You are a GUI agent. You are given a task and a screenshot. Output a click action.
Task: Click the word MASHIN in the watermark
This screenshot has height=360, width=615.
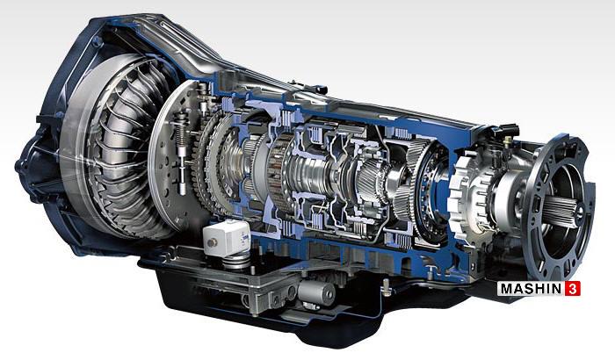[x=531, y=289]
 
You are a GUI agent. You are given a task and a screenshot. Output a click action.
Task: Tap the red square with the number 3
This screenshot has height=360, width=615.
[x=573, y=289]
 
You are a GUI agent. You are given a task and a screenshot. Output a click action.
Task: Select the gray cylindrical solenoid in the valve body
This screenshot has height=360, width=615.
[x=316, y=292]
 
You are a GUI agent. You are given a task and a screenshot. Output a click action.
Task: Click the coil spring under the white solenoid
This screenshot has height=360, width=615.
[x=236, y=259]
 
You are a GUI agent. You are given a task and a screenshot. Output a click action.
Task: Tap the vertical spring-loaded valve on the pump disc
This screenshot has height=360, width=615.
[x=181, y=153]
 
